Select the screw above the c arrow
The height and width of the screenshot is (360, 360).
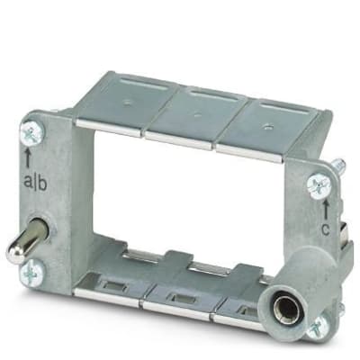tap(319, 186)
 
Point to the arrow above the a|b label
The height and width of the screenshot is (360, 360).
tap(28, 157)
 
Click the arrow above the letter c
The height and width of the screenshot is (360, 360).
tap(327, 210)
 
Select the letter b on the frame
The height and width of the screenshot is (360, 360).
tap(41, 182)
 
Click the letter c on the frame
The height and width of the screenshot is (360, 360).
tap(326, 230)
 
